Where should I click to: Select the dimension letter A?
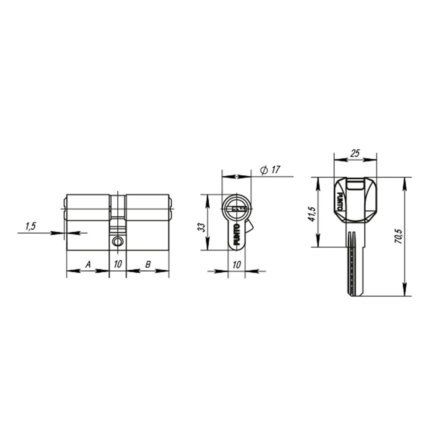click(x=88, y=264)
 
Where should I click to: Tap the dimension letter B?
click(x=148, y=264)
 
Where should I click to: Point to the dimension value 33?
click(x=202, y=227)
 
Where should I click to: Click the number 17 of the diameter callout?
click(x=275, y=170)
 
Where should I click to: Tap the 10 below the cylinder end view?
click(x=236, y=264)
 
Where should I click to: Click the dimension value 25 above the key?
click(x=355, y=153)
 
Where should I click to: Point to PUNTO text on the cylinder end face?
click(x=236, y=235)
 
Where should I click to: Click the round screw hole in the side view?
click(x=118, y=241)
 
